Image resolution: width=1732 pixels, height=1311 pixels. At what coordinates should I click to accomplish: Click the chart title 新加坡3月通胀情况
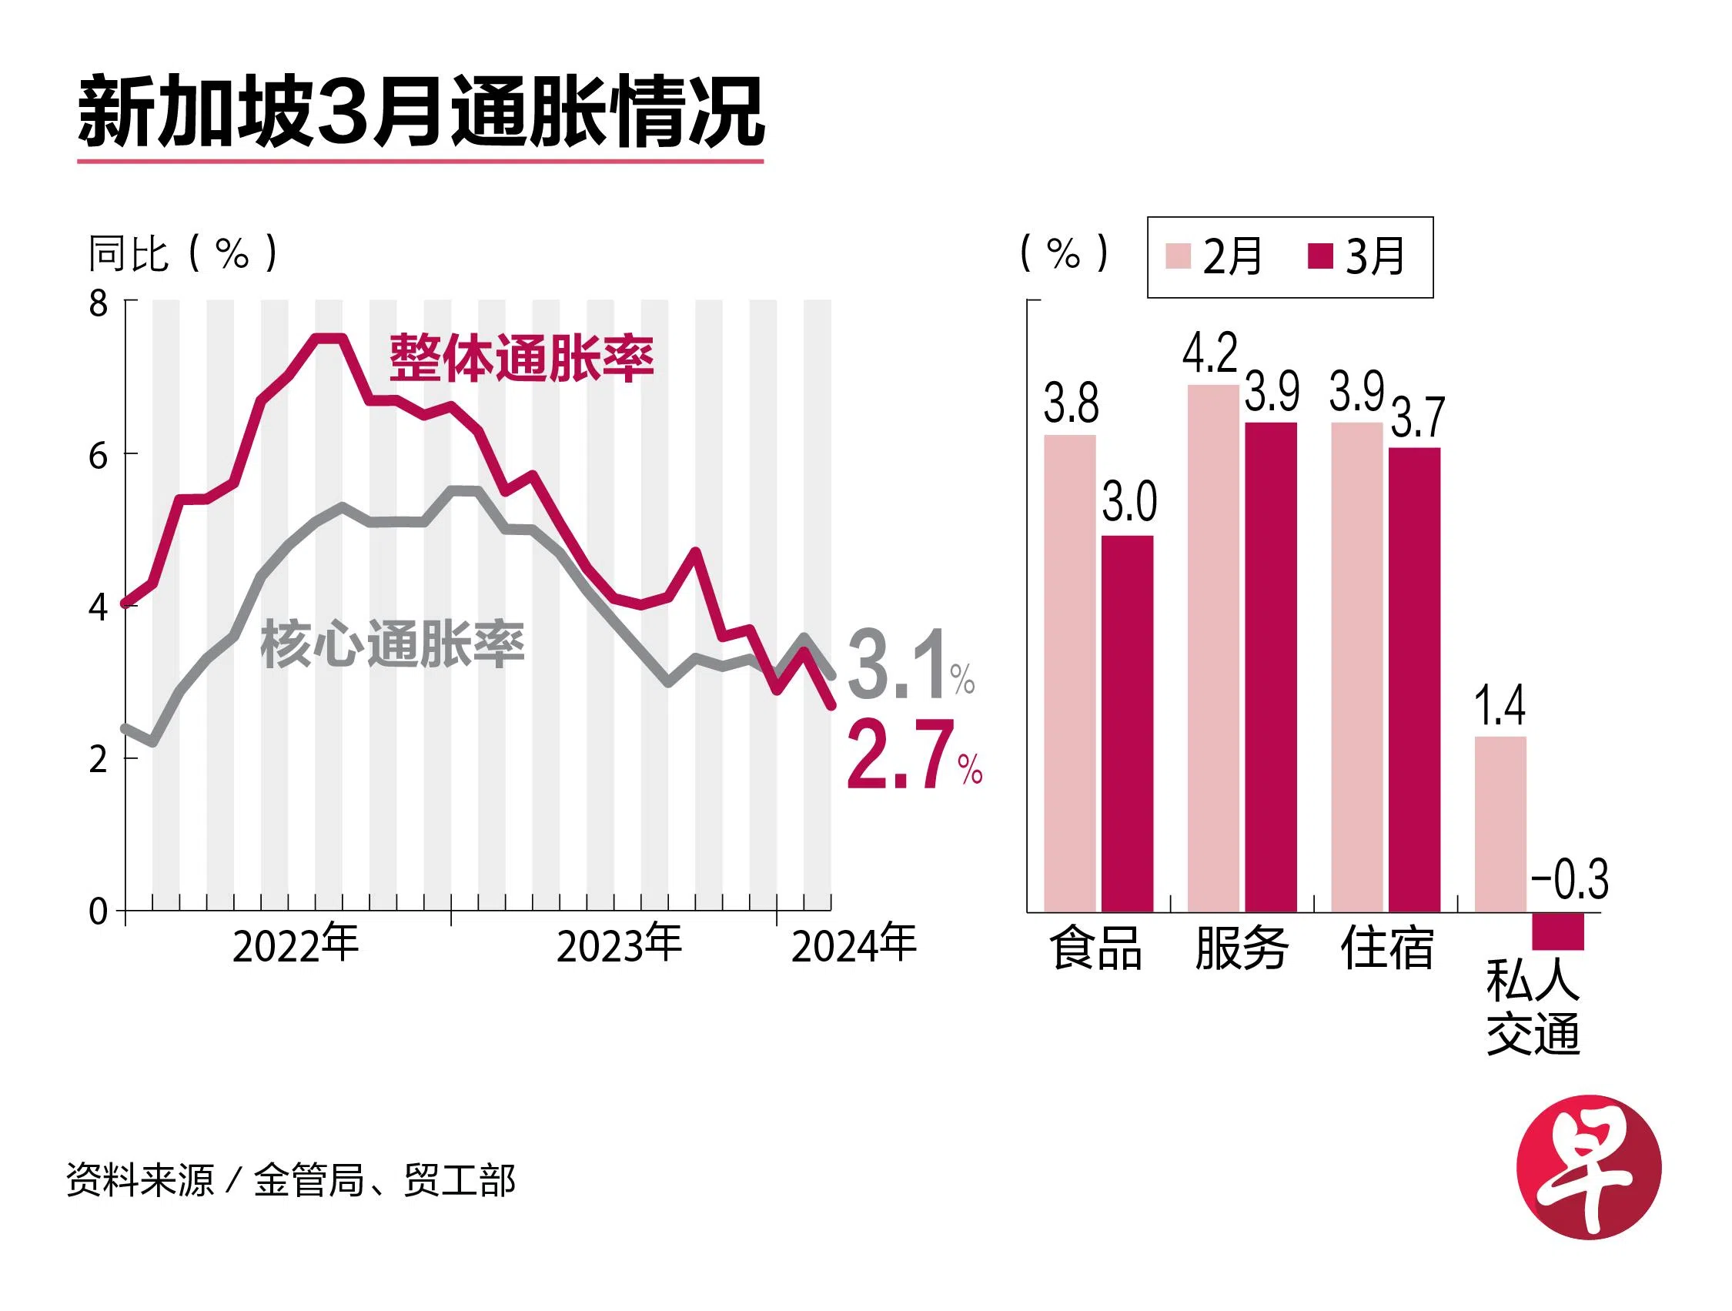point(420,112)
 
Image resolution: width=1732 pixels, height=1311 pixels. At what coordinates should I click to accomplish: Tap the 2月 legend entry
point(1213,256)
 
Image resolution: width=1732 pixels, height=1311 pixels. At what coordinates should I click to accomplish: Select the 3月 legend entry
point(1356,256)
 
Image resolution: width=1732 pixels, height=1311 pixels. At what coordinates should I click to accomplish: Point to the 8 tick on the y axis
point(98,303)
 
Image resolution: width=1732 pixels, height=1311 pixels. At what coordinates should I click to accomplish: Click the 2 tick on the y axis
point(98,759)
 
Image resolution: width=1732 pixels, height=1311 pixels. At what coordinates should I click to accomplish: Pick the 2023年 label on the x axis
point(619,945)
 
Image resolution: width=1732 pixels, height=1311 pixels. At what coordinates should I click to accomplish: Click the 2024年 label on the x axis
point(854,945)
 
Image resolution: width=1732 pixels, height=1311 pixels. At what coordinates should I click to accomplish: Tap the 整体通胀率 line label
point(521,359)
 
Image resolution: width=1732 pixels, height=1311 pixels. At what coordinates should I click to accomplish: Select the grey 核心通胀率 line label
point(392,644)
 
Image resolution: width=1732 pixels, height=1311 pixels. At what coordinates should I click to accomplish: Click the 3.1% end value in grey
point(910,667)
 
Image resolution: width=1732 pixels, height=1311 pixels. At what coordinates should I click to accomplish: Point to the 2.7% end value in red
point(913,757)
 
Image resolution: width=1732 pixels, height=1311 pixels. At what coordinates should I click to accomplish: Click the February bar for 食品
point(1069,674)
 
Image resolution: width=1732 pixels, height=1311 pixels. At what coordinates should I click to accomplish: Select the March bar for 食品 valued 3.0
point(1128,724)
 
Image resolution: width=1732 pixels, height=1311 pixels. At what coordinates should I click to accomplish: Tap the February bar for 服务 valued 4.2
point(1213,648)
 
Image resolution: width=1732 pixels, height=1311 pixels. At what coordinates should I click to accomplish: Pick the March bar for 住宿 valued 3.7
point(1414,680)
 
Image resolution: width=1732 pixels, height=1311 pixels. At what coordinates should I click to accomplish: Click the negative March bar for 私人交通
point(1557,931)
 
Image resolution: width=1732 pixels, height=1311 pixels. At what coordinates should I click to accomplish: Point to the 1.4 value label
point(1499,706)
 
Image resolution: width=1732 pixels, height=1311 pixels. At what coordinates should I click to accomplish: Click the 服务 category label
point(1241,948)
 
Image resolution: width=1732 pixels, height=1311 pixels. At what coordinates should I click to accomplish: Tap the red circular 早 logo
point(1589,1168)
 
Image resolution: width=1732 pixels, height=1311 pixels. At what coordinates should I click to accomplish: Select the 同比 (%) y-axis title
point(182,253)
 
